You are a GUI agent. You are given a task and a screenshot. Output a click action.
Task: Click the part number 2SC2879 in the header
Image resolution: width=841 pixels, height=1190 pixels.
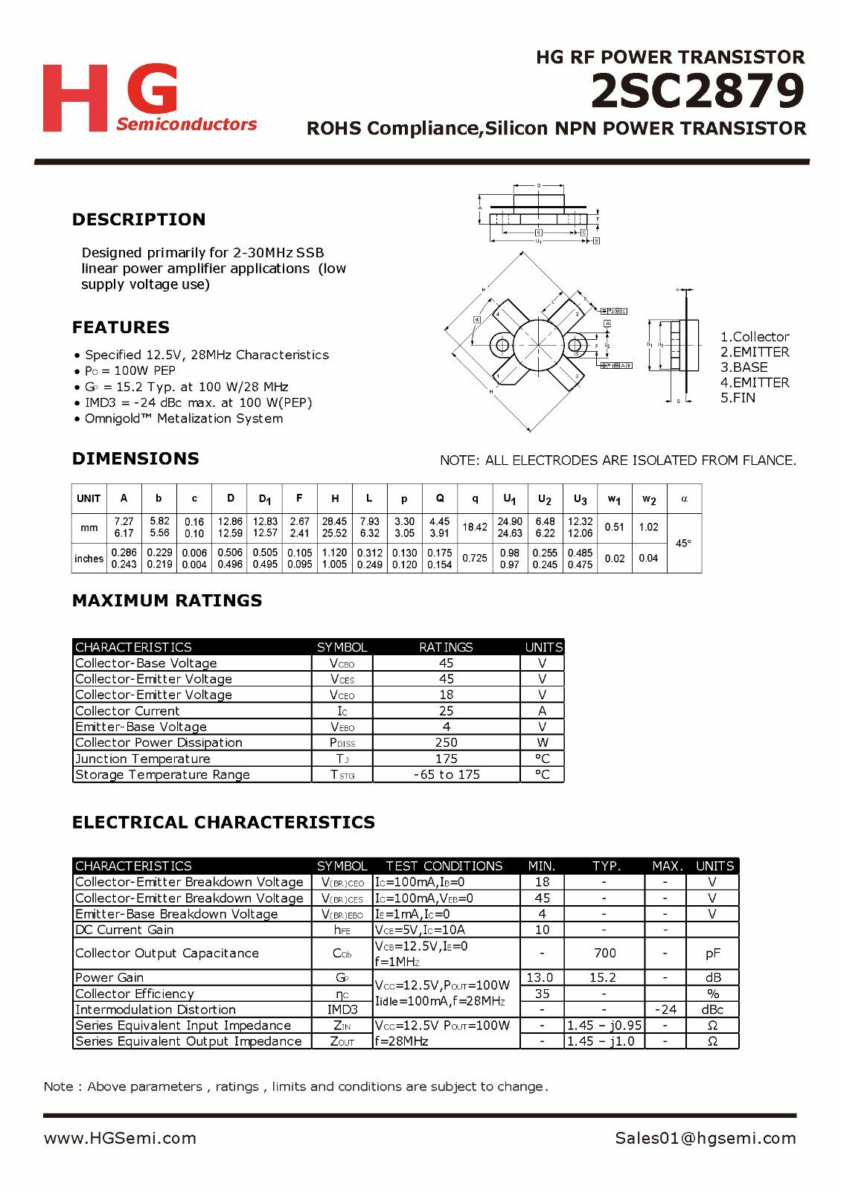click(697, 92)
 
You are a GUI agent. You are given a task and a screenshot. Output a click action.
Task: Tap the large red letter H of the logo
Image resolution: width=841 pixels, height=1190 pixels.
click(74, 98)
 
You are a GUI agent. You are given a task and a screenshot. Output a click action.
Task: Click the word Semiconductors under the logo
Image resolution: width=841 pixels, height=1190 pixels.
click(186, 124)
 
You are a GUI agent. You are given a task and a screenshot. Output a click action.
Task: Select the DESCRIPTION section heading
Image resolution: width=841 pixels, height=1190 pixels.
click(138, 219)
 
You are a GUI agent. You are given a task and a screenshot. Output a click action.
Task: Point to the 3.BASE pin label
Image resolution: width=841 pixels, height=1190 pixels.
click(744, 367)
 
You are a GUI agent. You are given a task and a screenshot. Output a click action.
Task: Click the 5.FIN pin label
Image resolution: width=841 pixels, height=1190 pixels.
click(738, 398)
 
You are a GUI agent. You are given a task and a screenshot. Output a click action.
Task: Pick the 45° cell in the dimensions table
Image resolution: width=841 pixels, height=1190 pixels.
click(683, 543)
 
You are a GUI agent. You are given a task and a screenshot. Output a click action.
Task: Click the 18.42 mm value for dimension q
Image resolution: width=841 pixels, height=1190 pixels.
click(475, 527)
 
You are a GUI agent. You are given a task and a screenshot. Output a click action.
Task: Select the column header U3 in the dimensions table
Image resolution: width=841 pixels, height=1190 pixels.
click(580, 499)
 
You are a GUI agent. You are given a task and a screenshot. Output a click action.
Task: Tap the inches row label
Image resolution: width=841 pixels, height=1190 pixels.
click(89, 559)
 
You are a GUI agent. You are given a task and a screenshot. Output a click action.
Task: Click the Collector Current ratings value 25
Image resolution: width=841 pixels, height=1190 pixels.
click(446, 711)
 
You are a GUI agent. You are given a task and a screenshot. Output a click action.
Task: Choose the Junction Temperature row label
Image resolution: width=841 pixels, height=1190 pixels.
click(143, 759)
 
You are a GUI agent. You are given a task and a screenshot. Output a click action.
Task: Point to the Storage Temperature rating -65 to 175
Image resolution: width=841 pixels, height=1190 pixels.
click(446, 774)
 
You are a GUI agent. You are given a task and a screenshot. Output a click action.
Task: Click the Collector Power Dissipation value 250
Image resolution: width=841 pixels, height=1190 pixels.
click(446, 742)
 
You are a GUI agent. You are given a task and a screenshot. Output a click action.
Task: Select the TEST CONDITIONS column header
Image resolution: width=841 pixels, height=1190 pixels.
click(444, 866)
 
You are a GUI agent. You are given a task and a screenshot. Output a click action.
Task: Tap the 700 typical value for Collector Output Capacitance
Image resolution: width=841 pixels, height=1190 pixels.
click(604, 953)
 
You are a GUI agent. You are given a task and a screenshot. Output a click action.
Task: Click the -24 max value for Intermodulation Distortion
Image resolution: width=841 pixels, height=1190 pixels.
click(665, 1009)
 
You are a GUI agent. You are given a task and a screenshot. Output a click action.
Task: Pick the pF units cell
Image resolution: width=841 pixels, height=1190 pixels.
click(712, 953)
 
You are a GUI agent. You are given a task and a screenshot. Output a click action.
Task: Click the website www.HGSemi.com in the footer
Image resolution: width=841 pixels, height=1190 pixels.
click(120, 1138)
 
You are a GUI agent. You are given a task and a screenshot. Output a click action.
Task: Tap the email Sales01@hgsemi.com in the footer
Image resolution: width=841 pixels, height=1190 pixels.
click(706, 1138)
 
